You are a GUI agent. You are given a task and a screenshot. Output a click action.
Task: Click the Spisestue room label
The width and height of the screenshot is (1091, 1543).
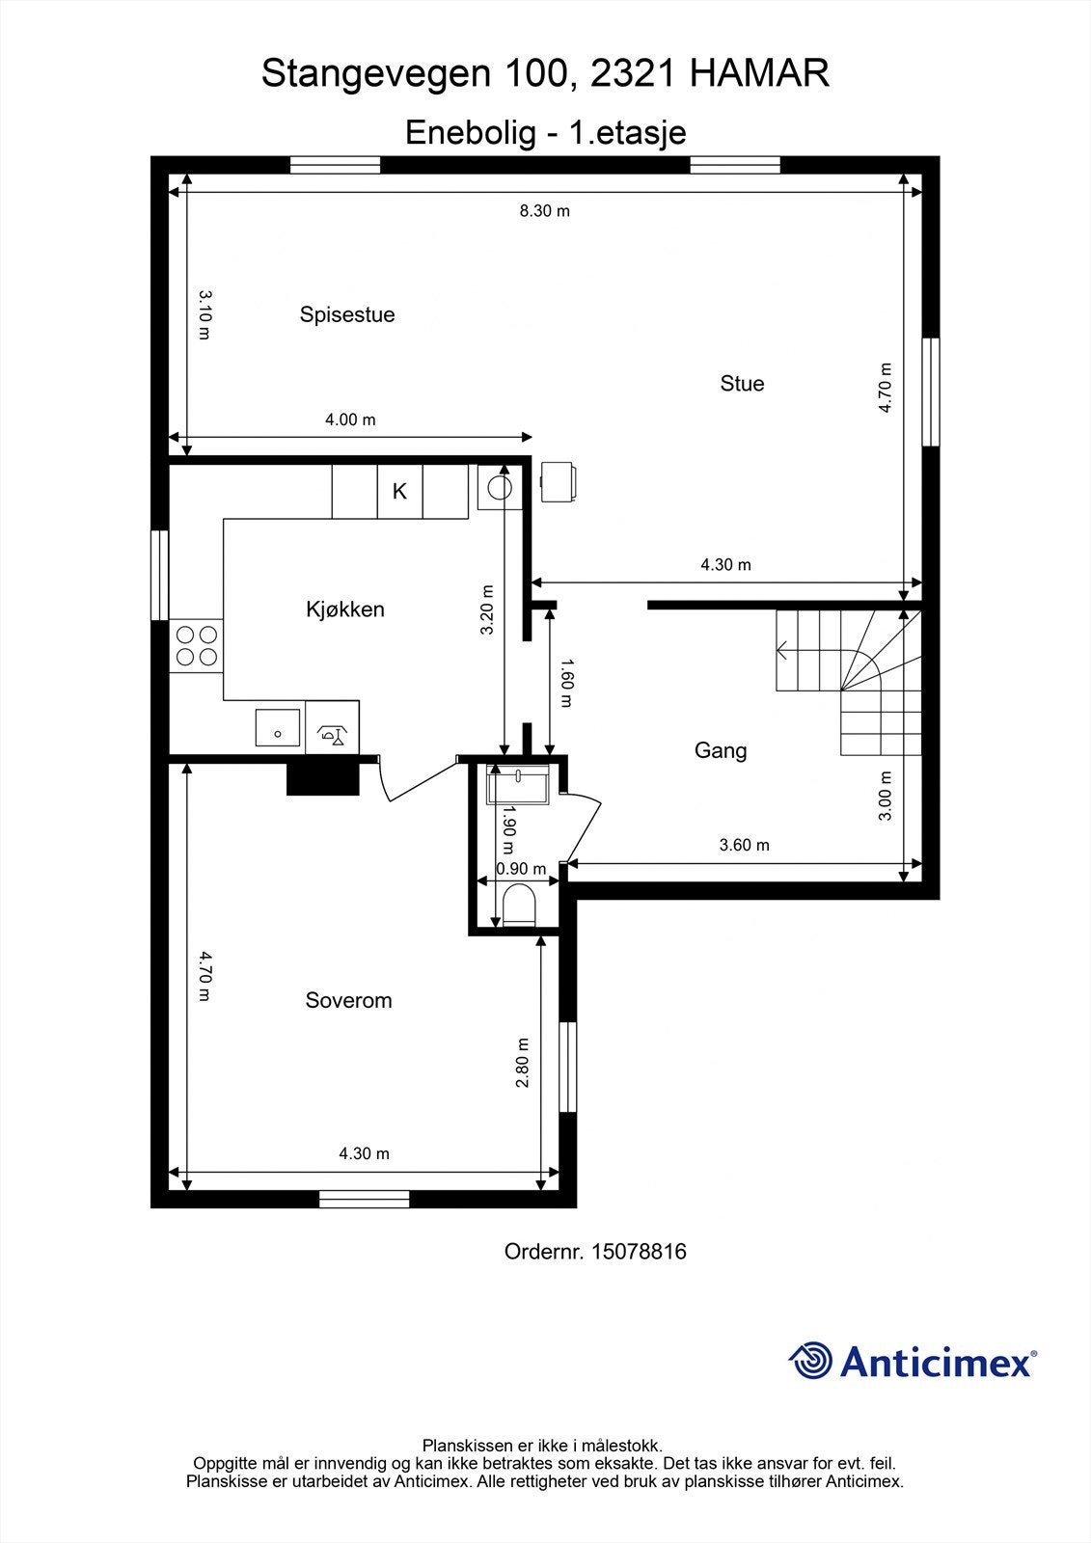point(347,314)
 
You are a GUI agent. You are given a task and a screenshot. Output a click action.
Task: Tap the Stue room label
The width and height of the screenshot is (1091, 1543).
point(742,383)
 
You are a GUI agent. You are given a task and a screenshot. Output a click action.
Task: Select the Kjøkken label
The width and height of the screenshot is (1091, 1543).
point(345,609)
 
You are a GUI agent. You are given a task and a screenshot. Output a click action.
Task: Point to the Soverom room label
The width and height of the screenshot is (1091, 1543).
point(348,1000)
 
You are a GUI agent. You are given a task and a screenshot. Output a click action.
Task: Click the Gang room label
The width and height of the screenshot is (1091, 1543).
point(721,750)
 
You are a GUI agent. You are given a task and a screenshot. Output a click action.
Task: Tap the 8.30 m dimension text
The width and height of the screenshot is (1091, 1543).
point(545,210)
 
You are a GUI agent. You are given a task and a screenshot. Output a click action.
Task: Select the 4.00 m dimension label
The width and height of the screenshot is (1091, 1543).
point(350,420)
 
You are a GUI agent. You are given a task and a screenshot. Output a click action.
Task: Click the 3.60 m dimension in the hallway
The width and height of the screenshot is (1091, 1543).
point(745,846)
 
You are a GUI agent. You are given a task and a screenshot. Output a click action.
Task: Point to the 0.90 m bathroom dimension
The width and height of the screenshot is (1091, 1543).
point(521,869)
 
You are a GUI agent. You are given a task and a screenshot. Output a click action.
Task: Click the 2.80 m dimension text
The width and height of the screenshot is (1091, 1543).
point(522,1063)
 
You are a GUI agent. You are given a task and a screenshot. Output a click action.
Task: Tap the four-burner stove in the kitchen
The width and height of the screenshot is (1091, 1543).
point(196,646)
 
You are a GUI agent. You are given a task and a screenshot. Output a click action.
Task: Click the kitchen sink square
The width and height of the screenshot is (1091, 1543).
point(278,728)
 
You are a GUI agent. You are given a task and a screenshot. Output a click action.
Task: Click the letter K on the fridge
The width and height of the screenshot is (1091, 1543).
point(399,491)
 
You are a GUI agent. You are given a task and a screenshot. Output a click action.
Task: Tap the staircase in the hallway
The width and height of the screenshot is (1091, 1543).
point(849,680)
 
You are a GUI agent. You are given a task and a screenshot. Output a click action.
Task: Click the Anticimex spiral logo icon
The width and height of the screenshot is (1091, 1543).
point(810,1362)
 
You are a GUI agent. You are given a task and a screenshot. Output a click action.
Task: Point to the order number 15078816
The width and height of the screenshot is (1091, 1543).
point(638,1252)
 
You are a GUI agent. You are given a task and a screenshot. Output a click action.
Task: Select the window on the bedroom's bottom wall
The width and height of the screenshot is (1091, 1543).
point(365,1199)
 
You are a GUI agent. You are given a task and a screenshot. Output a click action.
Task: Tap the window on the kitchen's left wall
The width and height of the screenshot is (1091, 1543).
point(160,575)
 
